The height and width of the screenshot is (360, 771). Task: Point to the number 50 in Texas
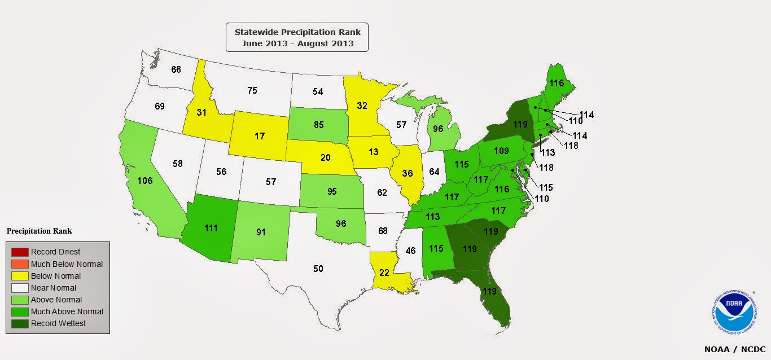pos(318,269)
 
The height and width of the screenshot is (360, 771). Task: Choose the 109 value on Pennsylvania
pos(501,151)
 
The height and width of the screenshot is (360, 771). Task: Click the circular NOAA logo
pos(734,312)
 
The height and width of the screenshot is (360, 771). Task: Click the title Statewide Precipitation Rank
pos(297,32)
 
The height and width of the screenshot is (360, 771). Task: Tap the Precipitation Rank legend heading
pos(39,231)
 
